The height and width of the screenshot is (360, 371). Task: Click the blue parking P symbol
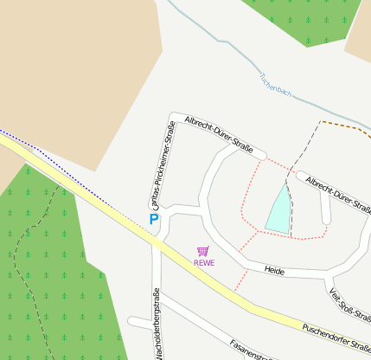(x=154, y=220)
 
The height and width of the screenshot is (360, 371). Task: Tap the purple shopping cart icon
(x=203, y=251)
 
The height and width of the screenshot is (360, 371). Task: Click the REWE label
(x=204, y=262)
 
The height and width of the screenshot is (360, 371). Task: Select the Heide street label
(x=274, y=271)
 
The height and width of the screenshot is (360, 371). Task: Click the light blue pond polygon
(x=278, y=212)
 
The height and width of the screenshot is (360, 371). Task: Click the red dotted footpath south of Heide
(x=241, y=280)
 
